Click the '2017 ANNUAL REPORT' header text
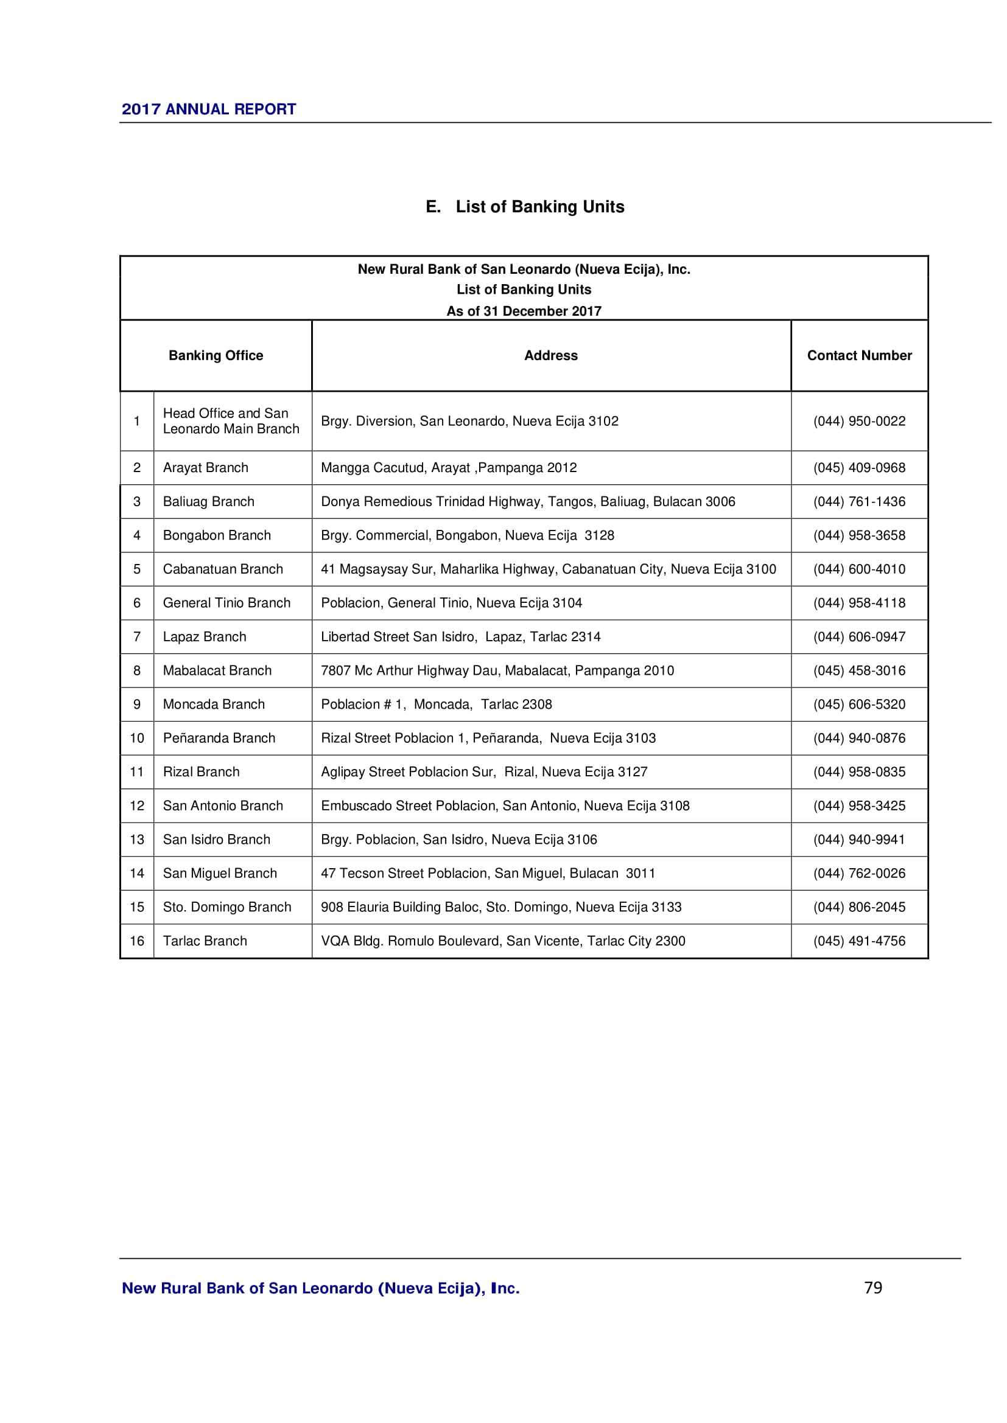(208, 109)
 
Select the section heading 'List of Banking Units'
(525, 206)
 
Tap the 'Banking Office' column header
(216, 355)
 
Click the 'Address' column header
(550, 355)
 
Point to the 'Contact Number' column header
(859, 355)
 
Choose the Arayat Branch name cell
(205, 467)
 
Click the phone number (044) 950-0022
(859, 421)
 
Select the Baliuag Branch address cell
(528, 501)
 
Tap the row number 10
(136, 737)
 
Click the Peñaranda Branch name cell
(219, 737)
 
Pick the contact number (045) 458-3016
(859, 670)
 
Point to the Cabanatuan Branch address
(548, 569)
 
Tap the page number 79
(873, 1287)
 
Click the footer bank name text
(321, 1288)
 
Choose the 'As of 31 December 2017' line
(524, 310)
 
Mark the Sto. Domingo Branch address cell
(501, 906)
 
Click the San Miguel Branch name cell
(220, 872)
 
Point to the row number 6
(136, 602)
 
